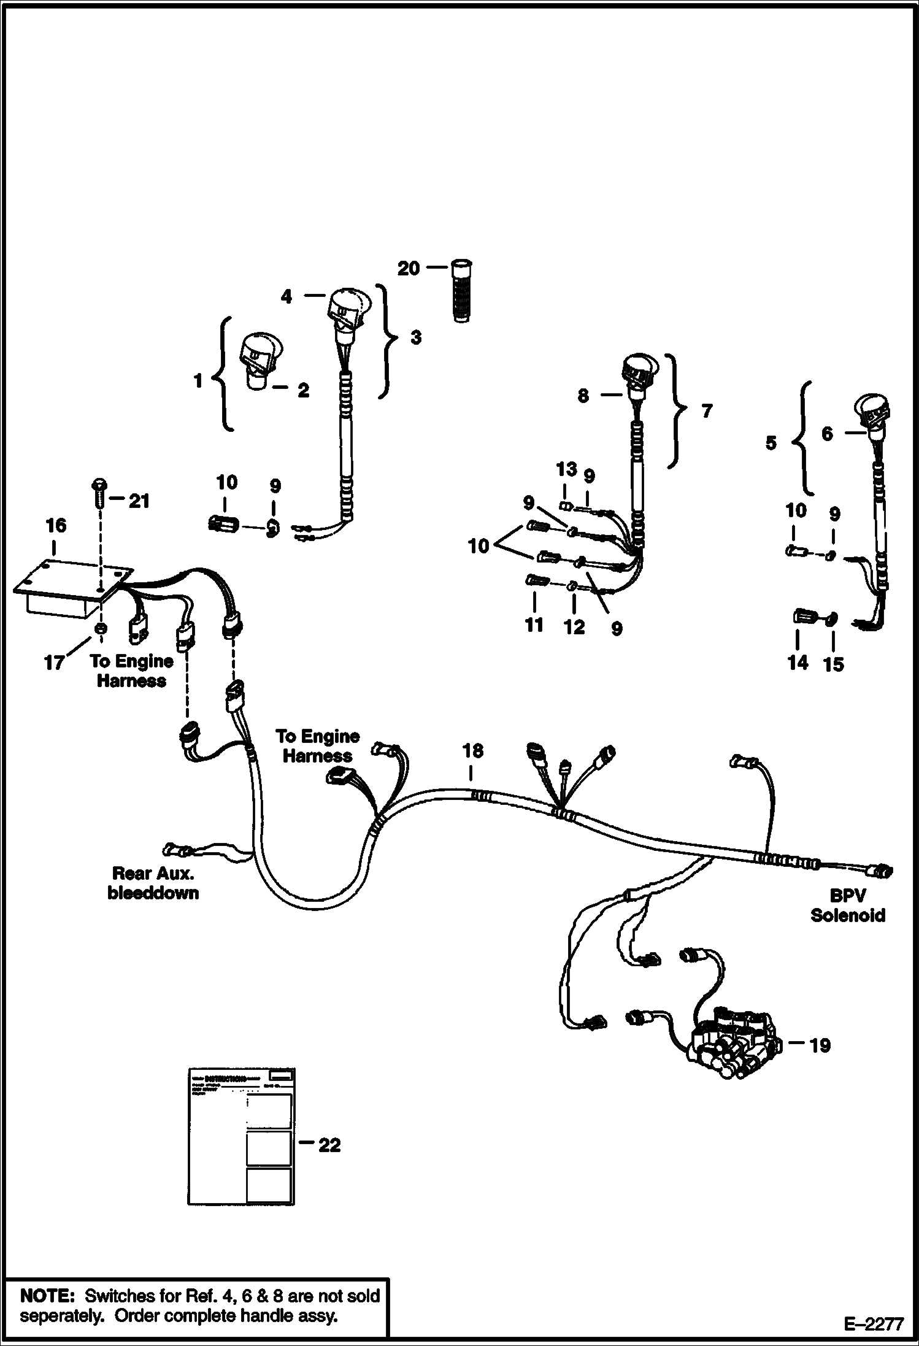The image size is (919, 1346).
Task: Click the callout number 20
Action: point(409,268)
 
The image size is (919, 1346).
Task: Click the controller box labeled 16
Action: point(67,590)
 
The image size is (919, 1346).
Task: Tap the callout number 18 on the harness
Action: point(472,751)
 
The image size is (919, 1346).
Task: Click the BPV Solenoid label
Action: point(848,906)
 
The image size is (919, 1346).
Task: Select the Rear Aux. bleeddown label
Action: point(153,883)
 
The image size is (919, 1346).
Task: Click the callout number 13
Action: point(566,469)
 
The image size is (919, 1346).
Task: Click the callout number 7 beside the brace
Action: point(707,410)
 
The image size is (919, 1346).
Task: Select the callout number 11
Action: point(534,625)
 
